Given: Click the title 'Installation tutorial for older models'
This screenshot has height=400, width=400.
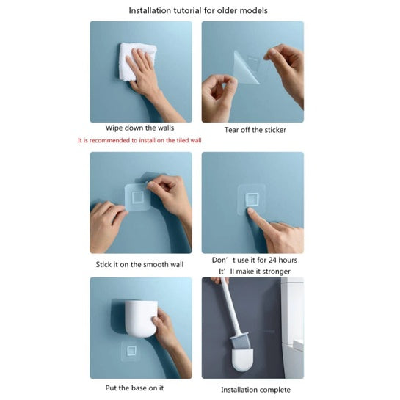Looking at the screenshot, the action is point(198,11).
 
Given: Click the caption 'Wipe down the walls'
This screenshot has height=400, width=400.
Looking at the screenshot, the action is point(139,128).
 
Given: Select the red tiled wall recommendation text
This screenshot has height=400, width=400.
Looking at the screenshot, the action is point(139,140).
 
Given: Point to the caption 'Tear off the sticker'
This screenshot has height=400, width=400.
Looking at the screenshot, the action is point(255,130).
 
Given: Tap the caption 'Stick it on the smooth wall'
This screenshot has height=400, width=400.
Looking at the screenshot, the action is point(139,264).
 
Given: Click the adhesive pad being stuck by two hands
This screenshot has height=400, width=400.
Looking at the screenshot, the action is point(137,197).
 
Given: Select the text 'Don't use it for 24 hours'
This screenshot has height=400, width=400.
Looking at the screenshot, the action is point(255,260).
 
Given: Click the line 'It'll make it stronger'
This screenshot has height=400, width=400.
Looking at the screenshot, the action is point(255,271).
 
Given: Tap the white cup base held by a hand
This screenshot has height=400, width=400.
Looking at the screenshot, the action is point(140,319).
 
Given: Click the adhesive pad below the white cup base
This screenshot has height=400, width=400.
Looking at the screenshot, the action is point(131,351).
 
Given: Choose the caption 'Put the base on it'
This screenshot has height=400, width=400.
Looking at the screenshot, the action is point(134,388).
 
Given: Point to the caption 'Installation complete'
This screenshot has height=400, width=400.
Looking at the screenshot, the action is point(255,390).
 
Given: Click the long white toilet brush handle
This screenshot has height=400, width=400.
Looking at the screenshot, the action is point(231,306).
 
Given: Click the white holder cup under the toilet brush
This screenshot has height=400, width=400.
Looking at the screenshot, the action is point(242,360).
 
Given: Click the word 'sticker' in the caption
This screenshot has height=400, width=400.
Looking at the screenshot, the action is point(275,130).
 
